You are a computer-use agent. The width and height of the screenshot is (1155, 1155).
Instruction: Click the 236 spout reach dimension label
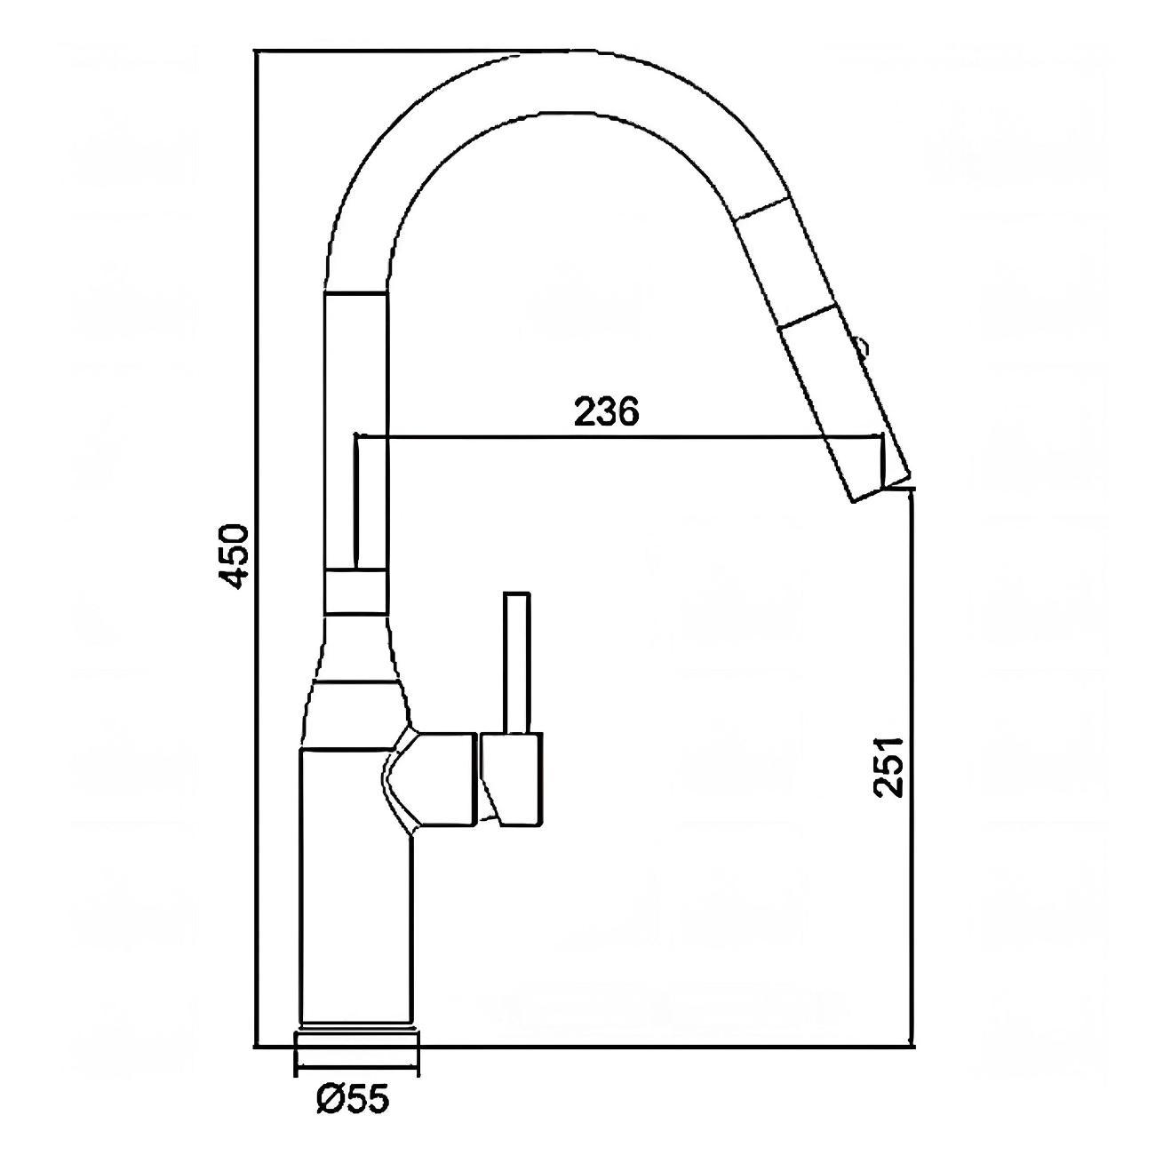coord(606,411)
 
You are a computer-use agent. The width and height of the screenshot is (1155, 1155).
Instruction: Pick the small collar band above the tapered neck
coord(355,592)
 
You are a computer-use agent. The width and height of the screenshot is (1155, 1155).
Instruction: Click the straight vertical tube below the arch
coord(355,426)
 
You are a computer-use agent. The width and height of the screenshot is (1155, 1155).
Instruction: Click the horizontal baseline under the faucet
coord(666,1047)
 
